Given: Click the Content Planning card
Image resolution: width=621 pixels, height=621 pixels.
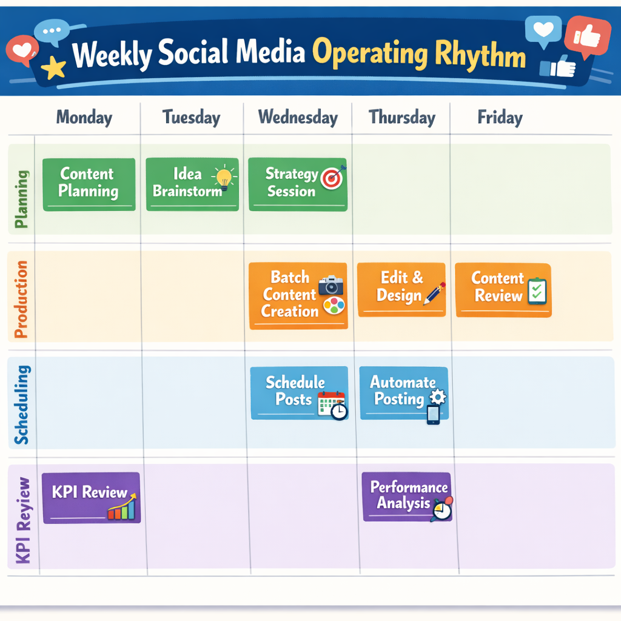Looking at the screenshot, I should click(x=89, y=184).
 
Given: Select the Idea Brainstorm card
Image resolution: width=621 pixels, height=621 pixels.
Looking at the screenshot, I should click(x=192, y=184).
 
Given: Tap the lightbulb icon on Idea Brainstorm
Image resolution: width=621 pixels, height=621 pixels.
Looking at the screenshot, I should click(x=224, y=177).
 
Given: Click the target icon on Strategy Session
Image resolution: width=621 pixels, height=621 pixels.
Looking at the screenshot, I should click(x=332, y=177).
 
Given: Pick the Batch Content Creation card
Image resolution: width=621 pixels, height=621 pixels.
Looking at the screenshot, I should click(x=298, y=295).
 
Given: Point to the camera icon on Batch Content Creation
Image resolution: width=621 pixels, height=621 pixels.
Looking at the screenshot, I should click(x=331, y=284).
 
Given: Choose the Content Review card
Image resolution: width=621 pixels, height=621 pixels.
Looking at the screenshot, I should click(x=503, y=289).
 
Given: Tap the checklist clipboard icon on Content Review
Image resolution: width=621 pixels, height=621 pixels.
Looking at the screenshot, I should click(x=537, y=291).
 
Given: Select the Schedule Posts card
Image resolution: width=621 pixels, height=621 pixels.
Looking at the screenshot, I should click(x=299, y=392).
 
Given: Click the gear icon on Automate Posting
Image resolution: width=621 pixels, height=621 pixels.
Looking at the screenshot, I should click(x=437, y=397).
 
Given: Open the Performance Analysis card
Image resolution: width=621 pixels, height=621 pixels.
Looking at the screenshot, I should click(x=407, y=497).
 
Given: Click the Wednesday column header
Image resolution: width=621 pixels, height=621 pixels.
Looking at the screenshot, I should click(x=298, y=118).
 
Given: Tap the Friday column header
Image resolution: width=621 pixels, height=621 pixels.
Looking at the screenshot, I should click(x=500, y=118).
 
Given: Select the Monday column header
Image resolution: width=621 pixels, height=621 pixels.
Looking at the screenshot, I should click(x=84, y=118).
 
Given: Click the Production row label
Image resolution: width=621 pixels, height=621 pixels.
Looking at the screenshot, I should click(x=21, y=300).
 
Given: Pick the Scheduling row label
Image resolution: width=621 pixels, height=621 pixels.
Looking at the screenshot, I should click(x=21, y=404).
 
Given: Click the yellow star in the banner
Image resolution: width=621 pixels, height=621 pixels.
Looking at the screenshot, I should click(x=55, y=69).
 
